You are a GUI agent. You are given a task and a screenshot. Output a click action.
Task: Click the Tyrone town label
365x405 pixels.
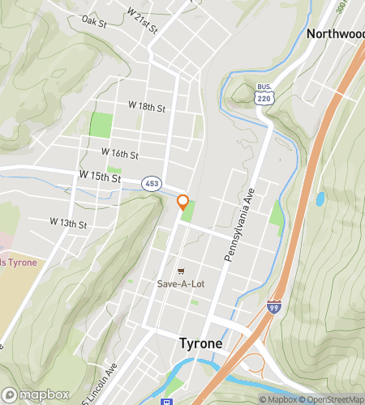coord(200,343)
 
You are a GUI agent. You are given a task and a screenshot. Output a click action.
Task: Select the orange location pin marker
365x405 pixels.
coord(183,202)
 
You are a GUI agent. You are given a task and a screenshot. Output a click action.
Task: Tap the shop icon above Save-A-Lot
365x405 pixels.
coord(181,271)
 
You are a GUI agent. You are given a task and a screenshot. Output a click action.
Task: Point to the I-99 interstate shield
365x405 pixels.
coord(274,307)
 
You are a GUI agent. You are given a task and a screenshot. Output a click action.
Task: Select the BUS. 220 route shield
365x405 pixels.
coord(264,94)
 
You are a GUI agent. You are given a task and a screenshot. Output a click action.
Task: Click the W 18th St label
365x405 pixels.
coord(147,106)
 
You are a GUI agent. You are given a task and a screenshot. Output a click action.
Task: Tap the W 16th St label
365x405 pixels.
coord(120,152)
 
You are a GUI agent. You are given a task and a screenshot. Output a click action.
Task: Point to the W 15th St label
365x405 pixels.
coord(100,176)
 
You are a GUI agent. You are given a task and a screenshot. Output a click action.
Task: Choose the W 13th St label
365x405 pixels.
coord(67,221)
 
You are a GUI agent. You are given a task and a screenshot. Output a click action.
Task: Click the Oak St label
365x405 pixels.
coord(94,23)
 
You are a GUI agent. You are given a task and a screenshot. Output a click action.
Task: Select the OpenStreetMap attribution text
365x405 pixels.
coord(332,399)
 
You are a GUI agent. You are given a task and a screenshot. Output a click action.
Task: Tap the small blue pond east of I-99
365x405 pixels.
coord(320,198)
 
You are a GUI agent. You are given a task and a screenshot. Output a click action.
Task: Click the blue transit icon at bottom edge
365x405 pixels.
coord(167,401)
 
